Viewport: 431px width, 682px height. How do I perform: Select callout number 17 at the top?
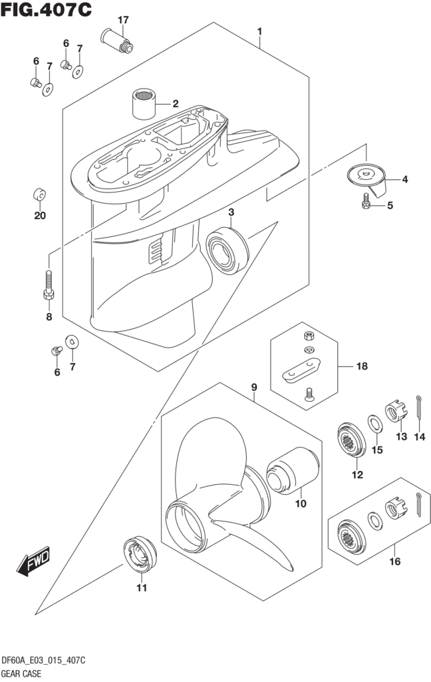[123, 19]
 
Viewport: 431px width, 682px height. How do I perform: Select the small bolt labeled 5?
[366, 203]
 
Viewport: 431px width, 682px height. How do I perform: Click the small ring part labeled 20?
[40, 195]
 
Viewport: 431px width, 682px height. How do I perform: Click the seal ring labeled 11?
[140, 553]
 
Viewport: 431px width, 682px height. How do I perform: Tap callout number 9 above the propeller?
[253, 387]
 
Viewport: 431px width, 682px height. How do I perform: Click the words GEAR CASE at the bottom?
[21, 673]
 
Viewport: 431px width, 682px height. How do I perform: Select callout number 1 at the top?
[259, 31]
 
